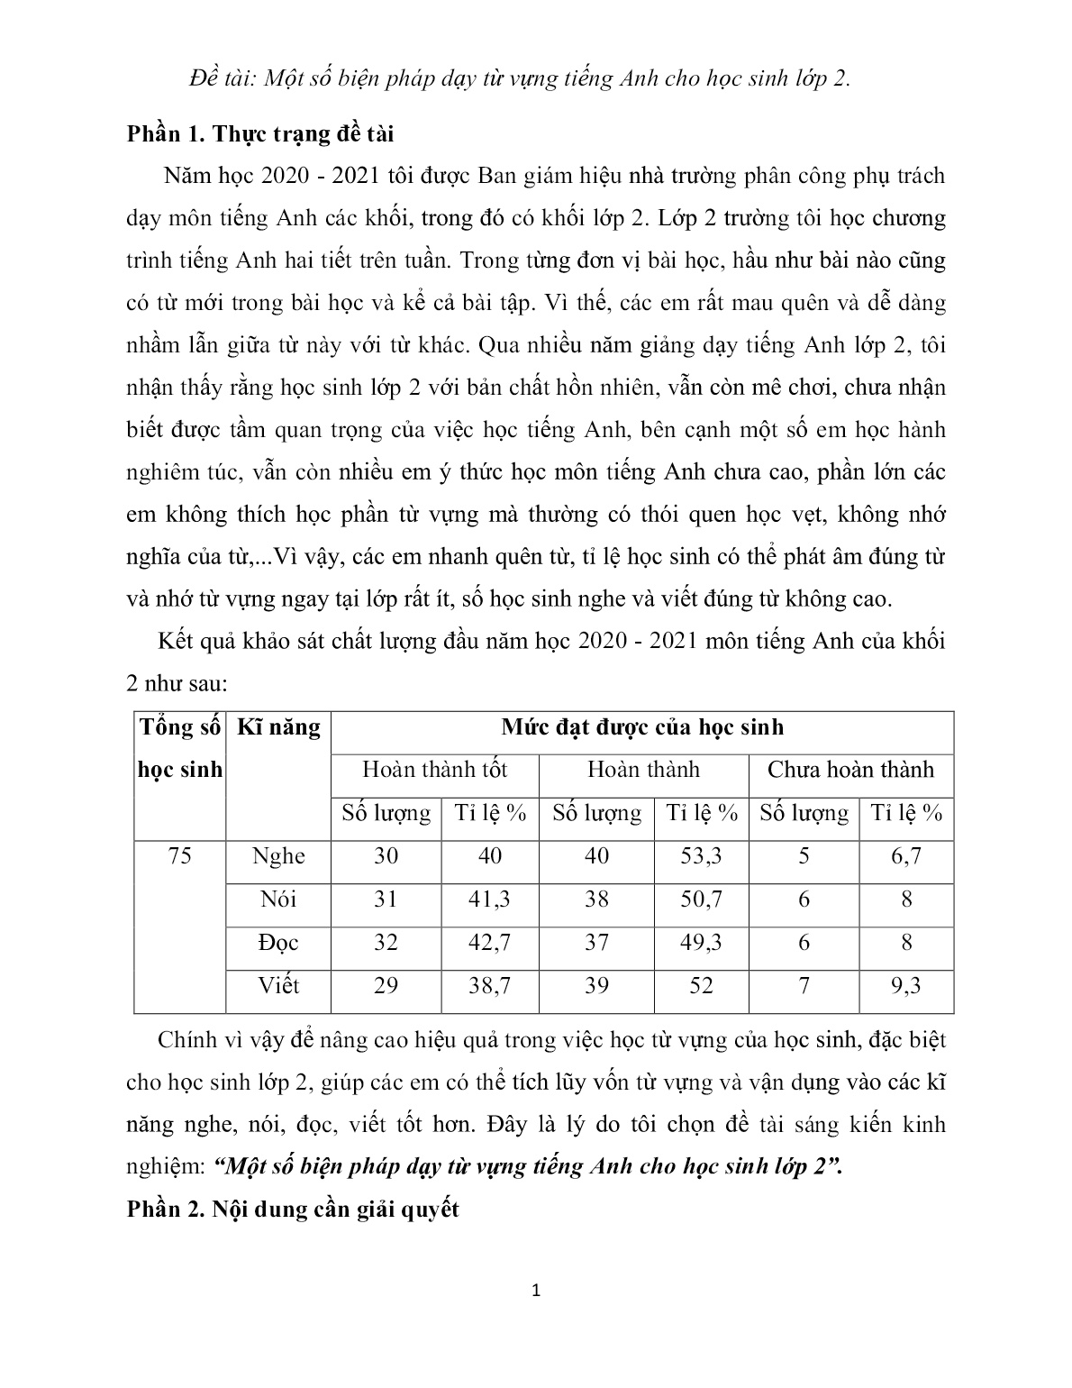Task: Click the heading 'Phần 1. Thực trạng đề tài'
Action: pyautogui.click(x=260, y=134)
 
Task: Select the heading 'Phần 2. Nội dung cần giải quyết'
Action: pyautogui.click(x=293, y=1209)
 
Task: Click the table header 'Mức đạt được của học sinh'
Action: pyautogui.click(x=642, y=727)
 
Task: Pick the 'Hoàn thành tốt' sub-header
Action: pyautogui.click(x=434, y=770)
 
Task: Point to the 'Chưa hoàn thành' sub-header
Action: pyautogui.click(x=850, y=770)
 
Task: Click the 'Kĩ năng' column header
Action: pyautogui.click(x=278, y=727)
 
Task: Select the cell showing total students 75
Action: pyautogui.click(x=180, y=855)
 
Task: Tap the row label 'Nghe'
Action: pyautogui.click(x=278, y=855)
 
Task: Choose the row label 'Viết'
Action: pyautogui.click(x=278, y=985)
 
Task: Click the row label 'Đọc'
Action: pyautogui.click(x=278, y=943)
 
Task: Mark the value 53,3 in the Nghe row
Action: pyautogui.click(x=701, y=855)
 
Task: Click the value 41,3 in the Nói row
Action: pyautogui.click(x=489, y=899)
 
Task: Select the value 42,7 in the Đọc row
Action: pyautogui.click(x=489, y=943)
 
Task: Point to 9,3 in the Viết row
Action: pyautogui.click(x=906, y=985)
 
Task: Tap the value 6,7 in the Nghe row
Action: pyautogui.click(x=906, y=855)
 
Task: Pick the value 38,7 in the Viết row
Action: pyautogui.click(x=489, y=985)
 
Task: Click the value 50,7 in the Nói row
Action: pyautogui.click(x=701, y=899)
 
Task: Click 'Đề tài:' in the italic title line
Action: pyautogui.click(x=224, y=78)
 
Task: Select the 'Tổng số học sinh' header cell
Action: pyautogui.click(x=180, y=748)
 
